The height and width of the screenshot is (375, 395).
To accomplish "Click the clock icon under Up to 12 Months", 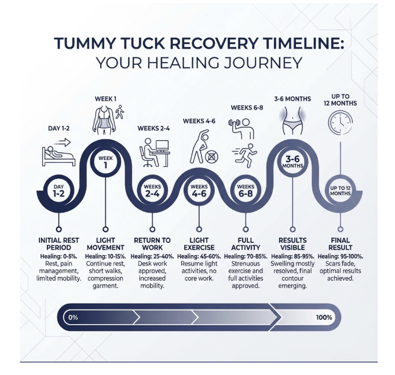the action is pos(341,123).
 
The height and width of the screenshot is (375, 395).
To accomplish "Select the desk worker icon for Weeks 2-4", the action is pos(155,152).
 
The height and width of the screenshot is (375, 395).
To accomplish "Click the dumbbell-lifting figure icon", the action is pos(241,129).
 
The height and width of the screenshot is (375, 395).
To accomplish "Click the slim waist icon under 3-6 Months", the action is pos(292,121).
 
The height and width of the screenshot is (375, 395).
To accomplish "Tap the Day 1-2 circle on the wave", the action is pos(58,191).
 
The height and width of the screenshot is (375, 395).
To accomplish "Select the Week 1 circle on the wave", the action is pos(105,162).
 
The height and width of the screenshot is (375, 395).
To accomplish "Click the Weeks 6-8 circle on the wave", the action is pos(246,191).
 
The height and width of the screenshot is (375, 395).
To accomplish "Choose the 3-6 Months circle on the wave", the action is pos(292,162).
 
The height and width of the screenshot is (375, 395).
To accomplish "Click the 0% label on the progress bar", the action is pos(73,317).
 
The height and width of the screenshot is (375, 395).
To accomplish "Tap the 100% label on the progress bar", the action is pos(324,317).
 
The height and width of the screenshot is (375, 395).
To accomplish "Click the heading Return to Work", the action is pos(152,243).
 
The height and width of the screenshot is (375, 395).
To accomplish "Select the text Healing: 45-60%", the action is pos(199,256).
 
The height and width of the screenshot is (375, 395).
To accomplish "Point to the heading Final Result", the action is pos(341,243).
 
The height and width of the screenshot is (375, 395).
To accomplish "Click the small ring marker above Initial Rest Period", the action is pos(58,230).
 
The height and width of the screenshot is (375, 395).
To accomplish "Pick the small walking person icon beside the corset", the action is pos(120,112).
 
